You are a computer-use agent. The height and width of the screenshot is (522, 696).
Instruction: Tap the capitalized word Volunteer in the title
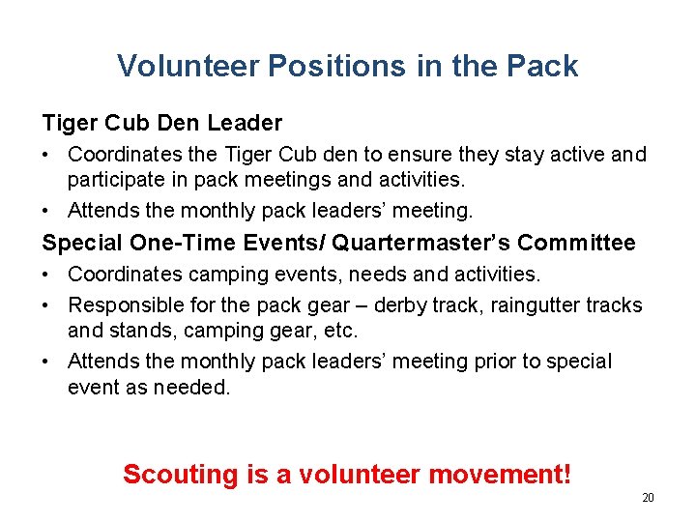coord(188,66)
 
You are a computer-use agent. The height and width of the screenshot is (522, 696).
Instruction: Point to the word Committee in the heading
coord(576,243)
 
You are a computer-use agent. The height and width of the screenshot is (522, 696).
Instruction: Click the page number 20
coord(648,498)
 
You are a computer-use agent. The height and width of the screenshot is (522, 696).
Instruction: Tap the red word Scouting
coord(180,475)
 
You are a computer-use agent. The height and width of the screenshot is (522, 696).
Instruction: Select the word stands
coord(137,332)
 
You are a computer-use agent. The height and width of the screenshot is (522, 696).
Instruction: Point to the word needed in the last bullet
coord(199,388)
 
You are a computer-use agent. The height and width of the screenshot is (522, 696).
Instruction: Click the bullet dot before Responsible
coord(48,305)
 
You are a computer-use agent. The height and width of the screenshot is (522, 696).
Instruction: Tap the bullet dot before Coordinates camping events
coord(48,275)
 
